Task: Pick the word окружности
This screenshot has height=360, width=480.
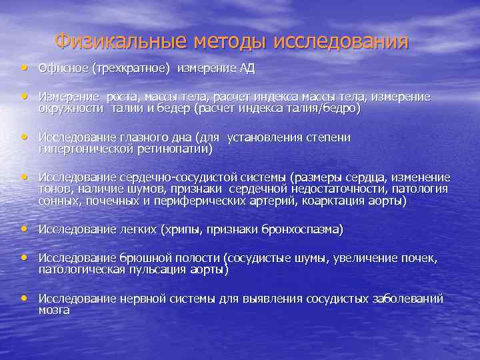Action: tap(71, 108)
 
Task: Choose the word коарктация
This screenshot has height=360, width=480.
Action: tap(334, 200)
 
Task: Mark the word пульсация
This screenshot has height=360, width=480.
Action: tap(171, 269)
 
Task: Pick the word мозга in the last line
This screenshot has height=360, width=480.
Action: tap(55, 309)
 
